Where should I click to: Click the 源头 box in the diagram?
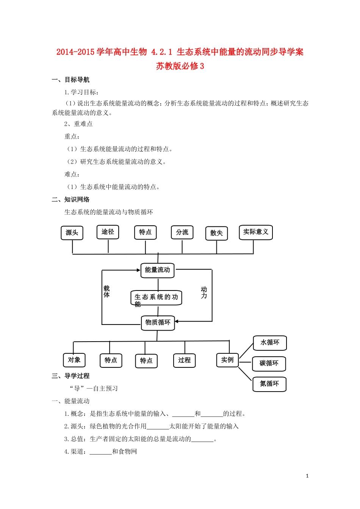pyautogui.click(x=72, y=233)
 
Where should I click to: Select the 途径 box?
pyautogui.click(x=108, y=232)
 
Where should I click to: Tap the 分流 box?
pyautogui.click(x=182, y=233)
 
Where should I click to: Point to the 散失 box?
pyautogui.click(x=216, y=233)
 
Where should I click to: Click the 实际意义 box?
pyautogui.click(x=256, y=232)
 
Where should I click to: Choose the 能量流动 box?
pyautogui.click(x=158, y=270)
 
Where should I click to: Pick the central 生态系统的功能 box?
pyautogui.click(x=156, y=298)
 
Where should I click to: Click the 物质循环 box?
pyautogui.click(x=158, y=323)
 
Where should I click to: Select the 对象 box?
pyautogui.click(x=74, y=360)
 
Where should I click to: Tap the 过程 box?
pyautogui.click(x=185, y=360)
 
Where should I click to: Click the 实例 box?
pyautogui.click(x=227, y=360)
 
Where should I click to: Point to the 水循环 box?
pyautogui.click(x=270, y=343)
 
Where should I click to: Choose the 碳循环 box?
pyautogui.click(x=269, y=364)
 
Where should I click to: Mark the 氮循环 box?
pyautogui.click(x=269, y=384)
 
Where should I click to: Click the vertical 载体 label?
pyautogui.click(x=107, y=292)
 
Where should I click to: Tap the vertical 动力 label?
pyautogui.click(x=204, y=292)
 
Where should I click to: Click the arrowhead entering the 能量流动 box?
pyautogui.click(x=138, y=270)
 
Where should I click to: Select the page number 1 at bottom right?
pyautogui.click(x=307, y=476)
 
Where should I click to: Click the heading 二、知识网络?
pyautogui.click(x=71, y=200)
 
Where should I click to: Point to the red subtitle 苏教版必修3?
pyautogui.click(x=180, y=66)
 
